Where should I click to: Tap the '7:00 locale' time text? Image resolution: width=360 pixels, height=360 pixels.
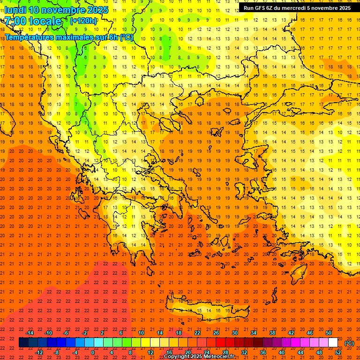click(x=33, y=21)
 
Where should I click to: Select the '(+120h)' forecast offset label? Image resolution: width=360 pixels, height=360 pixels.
click(x=83, y=21)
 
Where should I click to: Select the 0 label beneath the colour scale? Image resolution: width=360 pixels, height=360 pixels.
click(x=93, y=352)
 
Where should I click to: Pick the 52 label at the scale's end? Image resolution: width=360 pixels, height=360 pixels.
click(x=338, y=352)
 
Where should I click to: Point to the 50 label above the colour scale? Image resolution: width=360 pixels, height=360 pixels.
click(x=329, y=333)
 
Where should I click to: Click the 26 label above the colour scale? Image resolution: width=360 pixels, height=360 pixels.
click(x=216, y=333)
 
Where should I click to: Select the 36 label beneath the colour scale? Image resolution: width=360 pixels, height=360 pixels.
click(x=263, y=352)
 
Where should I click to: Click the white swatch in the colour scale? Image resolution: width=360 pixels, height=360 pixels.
click(x=333, y=343)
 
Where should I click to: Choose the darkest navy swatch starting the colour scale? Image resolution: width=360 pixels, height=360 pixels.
click(x=23, y=343)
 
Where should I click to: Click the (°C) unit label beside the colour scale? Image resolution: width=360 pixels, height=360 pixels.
click(x=349, y=343)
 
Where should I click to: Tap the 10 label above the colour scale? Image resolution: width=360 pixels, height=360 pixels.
click(x=141, y=333)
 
